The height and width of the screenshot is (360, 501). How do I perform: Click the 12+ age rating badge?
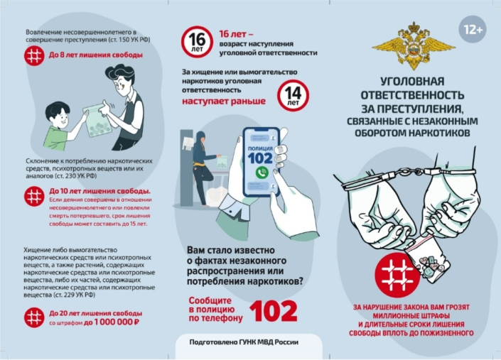473,29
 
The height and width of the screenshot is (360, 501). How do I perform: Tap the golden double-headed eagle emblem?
414,46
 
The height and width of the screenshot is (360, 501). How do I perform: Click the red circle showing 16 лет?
197,42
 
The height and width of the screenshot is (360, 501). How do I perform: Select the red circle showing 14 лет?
293,95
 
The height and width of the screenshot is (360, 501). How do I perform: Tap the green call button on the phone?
262,173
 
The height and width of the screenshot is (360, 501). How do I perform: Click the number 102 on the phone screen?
260,158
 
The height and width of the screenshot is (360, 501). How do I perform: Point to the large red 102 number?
273,310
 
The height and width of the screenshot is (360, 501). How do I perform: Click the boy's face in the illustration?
58,116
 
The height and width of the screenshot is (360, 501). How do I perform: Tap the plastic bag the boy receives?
97,122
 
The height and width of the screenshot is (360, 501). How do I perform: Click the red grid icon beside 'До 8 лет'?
34,56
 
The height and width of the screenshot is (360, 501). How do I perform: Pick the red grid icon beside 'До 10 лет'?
34,196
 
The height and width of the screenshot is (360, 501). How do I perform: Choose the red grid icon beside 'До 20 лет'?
34,317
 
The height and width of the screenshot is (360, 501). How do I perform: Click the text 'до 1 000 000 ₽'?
112,322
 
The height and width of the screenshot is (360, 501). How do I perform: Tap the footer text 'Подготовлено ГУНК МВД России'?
244,342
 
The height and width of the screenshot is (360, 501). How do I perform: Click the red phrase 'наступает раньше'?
224,101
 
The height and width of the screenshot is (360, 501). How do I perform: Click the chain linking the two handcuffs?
409,173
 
